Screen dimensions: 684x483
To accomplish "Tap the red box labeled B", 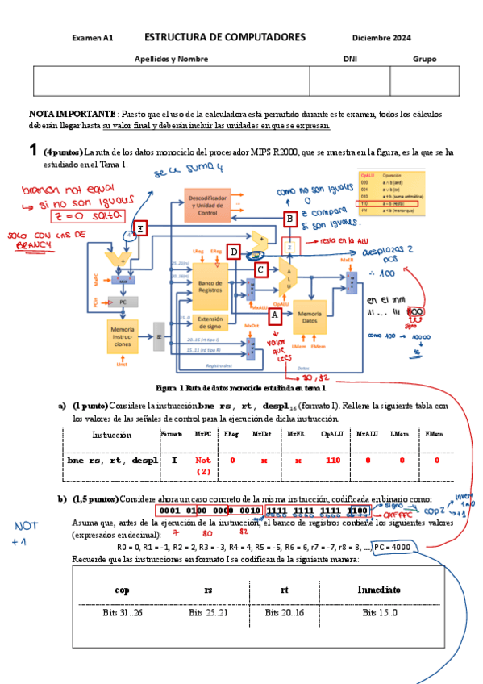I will (290, 219).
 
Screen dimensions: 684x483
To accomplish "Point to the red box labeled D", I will (234, 251).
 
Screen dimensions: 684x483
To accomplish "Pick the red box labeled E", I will (141, 229).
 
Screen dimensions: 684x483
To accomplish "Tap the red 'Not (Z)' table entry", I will (202, 465).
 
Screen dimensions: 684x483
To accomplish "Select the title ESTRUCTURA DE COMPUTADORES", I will (225, 38).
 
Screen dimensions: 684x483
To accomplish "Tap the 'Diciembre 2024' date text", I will (381, 38).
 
